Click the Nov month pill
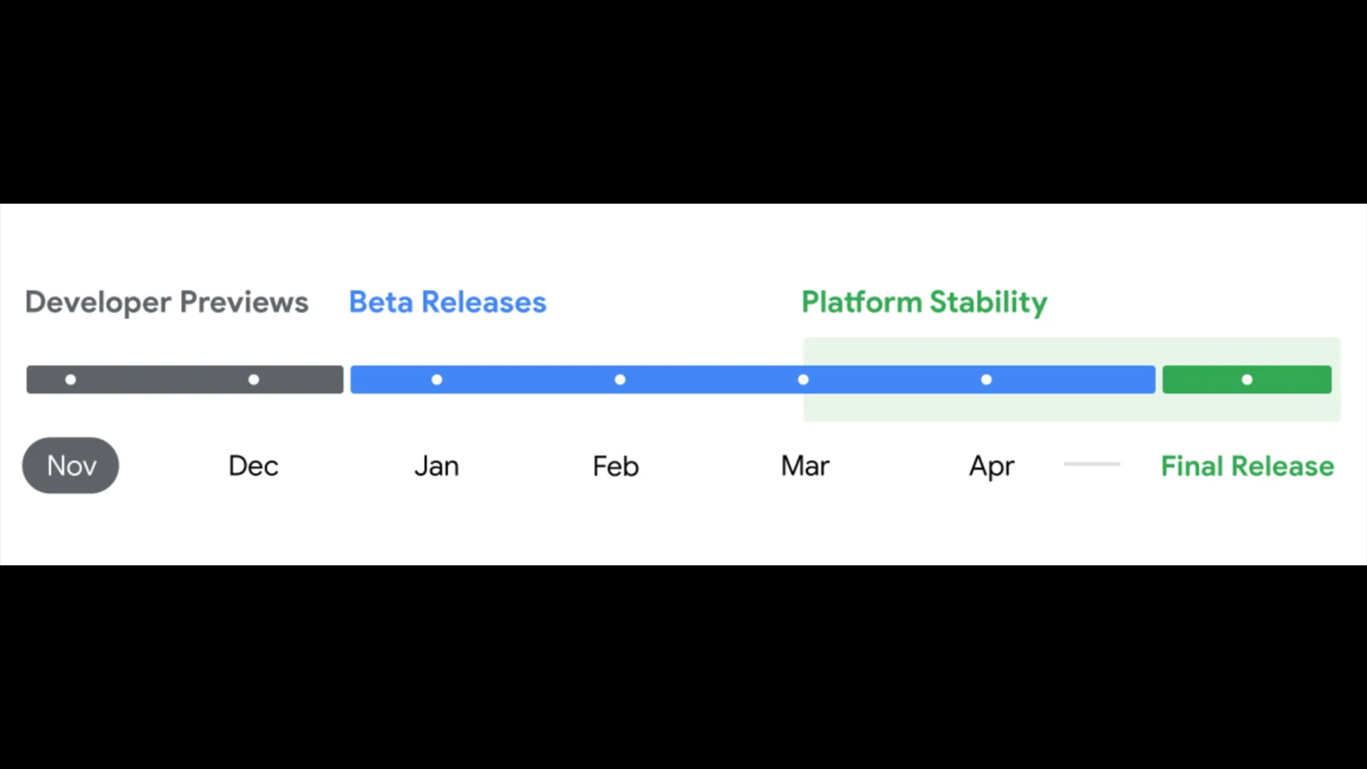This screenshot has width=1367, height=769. tap(70, 465)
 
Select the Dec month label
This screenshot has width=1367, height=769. tap(253, 466)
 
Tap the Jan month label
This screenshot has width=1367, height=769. tap(436, 466)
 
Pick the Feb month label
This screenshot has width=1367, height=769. tap(616, 466)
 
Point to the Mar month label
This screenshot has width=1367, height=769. tap(805, 466)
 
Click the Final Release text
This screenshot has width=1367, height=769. tap(1247, 466)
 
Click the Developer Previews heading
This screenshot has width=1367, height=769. tap(167, 303)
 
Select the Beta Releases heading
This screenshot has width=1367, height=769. tap(448, 303)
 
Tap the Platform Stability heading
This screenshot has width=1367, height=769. tap(924, 303)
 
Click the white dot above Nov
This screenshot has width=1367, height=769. tap(70, 380)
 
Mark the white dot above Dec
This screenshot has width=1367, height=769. tap(253, 380)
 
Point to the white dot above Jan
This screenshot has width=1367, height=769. tap(436, 380)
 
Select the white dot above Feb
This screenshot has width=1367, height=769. tap(620, 380)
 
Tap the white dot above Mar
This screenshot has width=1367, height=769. tap(803, 380)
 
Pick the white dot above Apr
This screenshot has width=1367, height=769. tap(986, 380)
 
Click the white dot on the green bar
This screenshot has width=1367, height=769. tap(1247, 380)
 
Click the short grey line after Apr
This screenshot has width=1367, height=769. tap(1092, 464)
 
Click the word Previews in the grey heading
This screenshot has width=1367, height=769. tap(244, 303)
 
